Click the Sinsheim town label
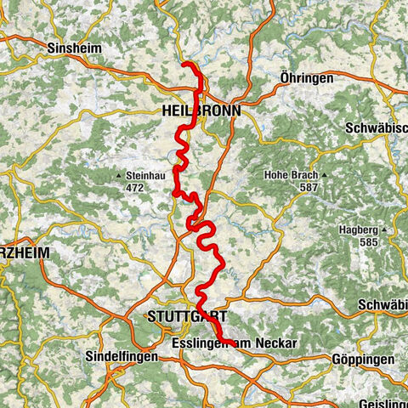pyautogui.click(x=75, y=48)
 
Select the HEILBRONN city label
pyautogui.click(x=201, y=110)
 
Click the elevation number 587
pyautogui.click(x=308, y=187)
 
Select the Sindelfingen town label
pyautogui.click(x=122, y=359)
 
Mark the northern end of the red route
pyautogui.click(x=184, y=65)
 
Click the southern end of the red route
pyautogui.click(x=233, y=343)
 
